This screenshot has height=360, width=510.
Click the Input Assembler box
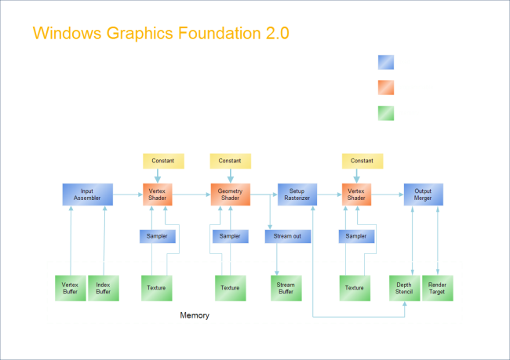(86, 195)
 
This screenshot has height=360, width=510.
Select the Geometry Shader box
(230, 195)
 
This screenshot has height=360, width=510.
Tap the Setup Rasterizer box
(297, 195)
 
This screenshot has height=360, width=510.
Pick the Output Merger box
(423, 195)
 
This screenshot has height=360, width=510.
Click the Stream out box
(287, 236)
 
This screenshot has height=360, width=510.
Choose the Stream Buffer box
(286, 288)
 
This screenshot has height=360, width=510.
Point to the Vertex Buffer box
(70, 288)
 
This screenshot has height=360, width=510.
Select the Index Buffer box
(103, 288)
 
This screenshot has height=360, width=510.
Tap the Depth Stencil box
(405, 288)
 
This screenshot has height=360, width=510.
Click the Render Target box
(437, 288)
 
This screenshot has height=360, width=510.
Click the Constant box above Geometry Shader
(230, 161)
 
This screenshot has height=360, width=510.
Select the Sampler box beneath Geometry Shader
(230, 236)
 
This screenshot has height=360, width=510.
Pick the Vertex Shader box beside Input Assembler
(157, 195)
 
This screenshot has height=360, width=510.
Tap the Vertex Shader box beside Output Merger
(355, 195)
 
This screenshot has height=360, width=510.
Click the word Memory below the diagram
(195, 315)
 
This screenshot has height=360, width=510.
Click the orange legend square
(385, 87)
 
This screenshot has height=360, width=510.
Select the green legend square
(385, 113)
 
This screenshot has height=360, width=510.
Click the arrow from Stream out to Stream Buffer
(276, 259)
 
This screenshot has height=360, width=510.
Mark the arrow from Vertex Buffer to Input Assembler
(71, 239)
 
